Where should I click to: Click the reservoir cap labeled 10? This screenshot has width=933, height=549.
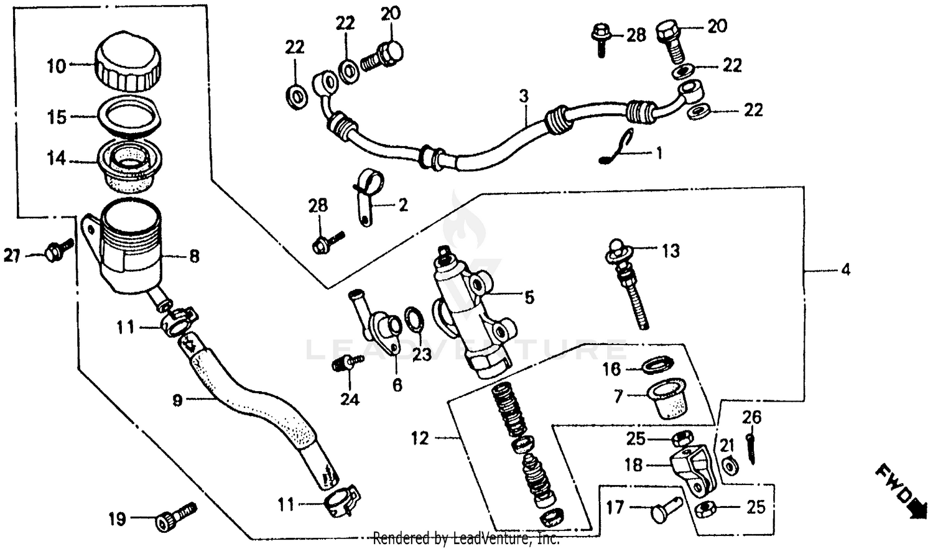point(128,62)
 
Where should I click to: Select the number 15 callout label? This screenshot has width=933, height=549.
point(57,117)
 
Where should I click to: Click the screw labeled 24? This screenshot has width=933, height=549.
point(347,362)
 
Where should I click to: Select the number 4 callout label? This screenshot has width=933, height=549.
point(845,270)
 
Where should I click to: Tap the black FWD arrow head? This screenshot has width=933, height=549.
point(915,509)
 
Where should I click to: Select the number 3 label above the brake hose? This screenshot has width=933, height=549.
point(524,96)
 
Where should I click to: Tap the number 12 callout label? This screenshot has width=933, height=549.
point(420,438)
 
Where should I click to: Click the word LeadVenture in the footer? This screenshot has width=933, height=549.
point(486,538)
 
